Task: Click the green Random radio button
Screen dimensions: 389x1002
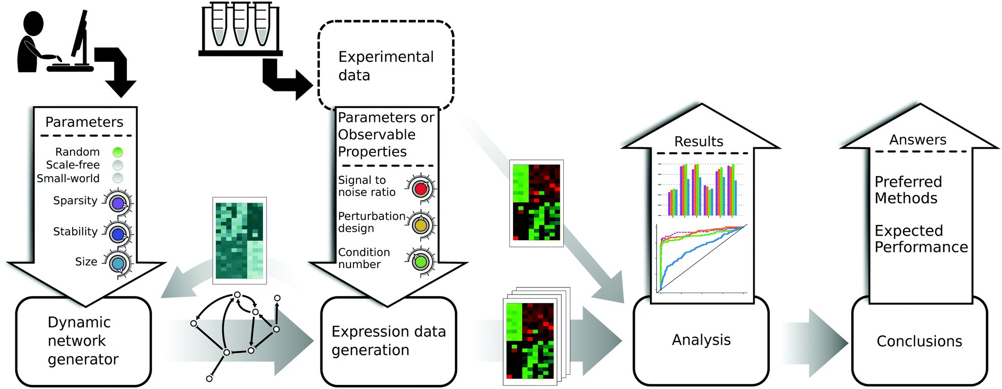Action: (118, 152)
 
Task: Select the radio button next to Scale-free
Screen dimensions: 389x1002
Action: (118, 165)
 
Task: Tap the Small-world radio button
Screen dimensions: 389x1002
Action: (118, 178)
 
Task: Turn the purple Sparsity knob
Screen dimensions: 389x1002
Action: (118, 204)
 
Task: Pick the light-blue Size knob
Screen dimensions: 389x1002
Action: (118, 264)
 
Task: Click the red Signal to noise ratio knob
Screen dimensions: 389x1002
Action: (421, 189)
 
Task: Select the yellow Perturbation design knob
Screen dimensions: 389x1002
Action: (421, 224)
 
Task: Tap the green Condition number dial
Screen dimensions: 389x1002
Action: (421, 262)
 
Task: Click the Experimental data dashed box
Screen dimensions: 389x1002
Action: (385, 66)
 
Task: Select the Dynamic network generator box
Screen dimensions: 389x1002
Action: (83, 341)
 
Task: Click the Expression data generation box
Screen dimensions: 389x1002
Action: (389, 341)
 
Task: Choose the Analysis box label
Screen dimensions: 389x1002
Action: (701, 340)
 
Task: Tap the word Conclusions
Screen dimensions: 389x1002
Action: (919, 341)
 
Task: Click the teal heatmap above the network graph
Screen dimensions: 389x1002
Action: (239, 240)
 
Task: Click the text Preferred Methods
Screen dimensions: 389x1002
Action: (908, 190)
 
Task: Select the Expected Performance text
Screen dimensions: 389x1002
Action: (921, 239)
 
